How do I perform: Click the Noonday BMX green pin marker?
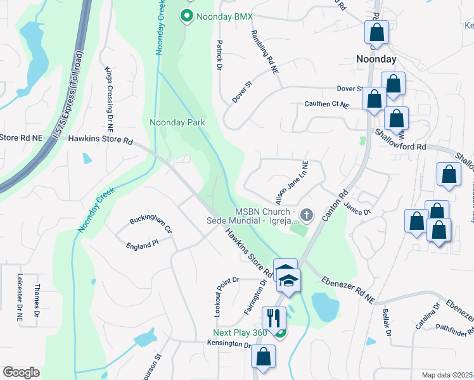coord(187,15)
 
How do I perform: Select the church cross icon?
coord(307,215)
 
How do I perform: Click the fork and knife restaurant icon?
coord(274,317)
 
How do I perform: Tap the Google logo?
coord(21,372)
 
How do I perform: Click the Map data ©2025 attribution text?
coord(447,375)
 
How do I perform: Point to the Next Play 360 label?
coord(241,333)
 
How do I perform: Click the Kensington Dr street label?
coord(229,344)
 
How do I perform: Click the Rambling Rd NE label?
coord(265,53)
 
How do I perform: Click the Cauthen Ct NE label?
coord(327,104)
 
